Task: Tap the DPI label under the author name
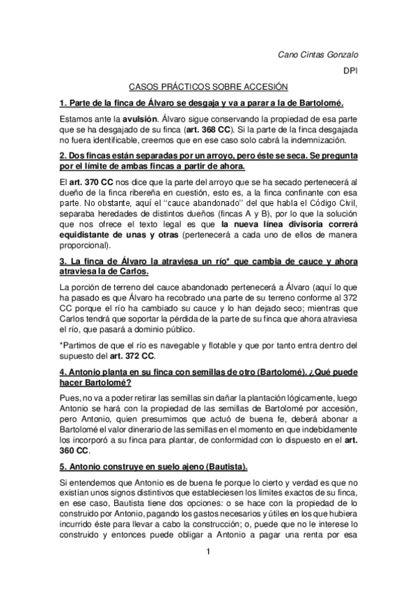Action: pyautogui.click(x=351, y=71)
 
